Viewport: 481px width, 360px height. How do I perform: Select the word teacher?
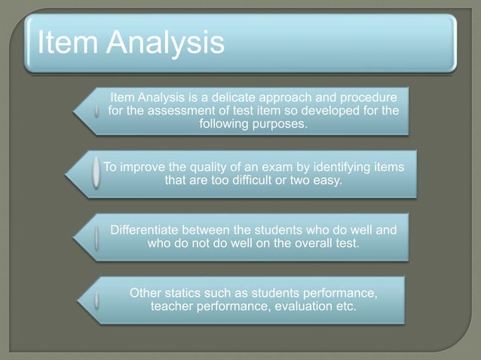click(173, 306)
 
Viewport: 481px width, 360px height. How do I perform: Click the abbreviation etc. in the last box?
click(344, 306)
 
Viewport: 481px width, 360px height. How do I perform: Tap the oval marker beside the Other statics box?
click(97, 300)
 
